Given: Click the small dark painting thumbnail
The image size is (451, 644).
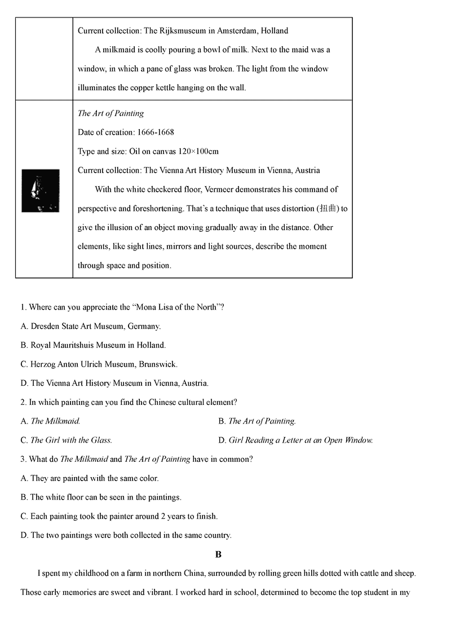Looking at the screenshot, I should [41, 190].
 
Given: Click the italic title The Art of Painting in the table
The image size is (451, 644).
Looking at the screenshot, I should [110, 113].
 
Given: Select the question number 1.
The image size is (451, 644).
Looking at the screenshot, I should [23, 307].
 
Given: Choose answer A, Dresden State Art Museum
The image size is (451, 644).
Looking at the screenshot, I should [91, 326].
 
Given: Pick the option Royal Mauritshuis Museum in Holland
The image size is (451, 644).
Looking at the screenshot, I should [93, 345].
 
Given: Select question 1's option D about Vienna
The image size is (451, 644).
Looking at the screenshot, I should [114, 383].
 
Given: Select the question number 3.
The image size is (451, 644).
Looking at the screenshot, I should [23, 460].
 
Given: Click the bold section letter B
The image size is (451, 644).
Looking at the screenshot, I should [218, 554].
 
